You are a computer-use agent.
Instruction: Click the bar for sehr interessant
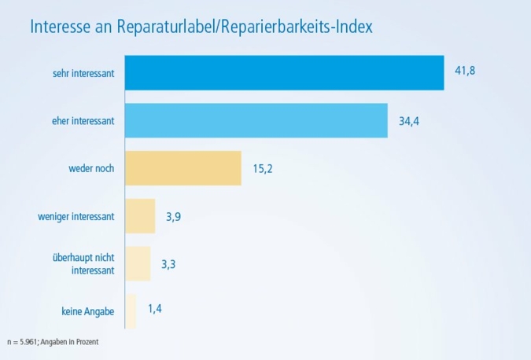284,73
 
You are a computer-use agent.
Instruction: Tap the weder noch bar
183,168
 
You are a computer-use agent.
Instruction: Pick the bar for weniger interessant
140,215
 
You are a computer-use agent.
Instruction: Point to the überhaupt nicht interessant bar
138,263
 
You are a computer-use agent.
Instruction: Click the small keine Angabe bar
131,311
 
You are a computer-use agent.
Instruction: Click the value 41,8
465,71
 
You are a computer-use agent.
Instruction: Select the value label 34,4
408,122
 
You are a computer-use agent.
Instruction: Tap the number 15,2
262,169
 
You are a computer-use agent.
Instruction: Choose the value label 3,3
168,264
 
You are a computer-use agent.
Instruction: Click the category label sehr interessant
80,73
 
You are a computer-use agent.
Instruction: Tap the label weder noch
91,168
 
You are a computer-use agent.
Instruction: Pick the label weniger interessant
76,216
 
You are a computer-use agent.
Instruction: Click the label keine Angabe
87,312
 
